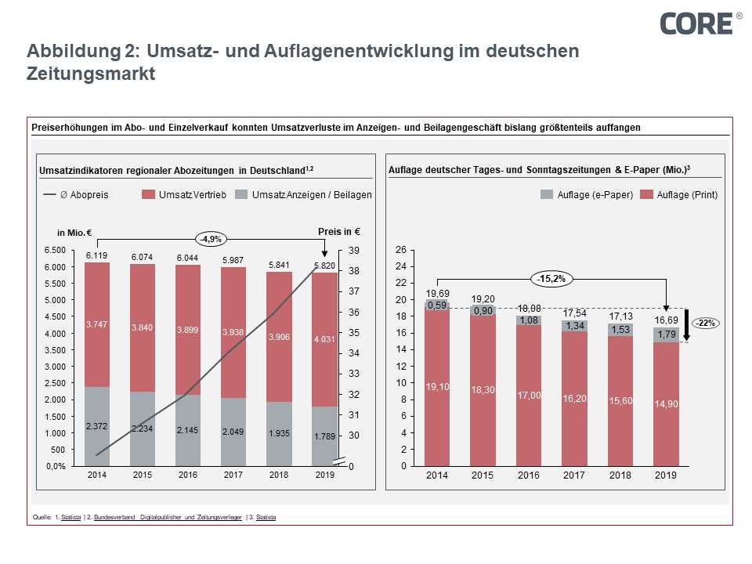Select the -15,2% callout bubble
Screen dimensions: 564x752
pos(551,279)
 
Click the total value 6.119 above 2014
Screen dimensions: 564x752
pos(96,255)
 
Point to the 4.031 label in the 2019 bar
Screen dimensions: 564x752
pos(324,338)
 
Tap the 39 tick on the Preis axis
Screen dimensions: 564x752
pos(354,250)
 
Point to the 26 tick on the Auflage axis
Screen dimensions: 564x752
pos(401,250)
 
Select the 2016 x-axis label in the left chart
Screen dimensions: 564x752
pos(187,475)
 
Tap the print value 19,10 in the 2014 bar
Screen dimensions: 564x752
pos(436,386)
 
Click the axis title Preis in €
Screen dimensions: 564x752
pos(338,232)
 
